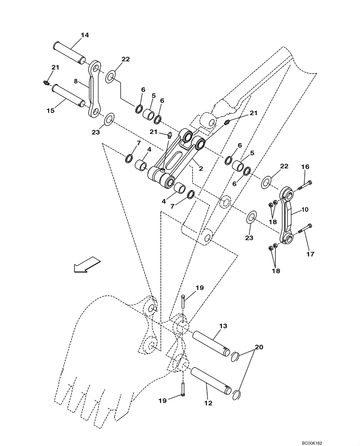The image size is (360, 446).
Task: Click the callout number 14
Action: (85, 34)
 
